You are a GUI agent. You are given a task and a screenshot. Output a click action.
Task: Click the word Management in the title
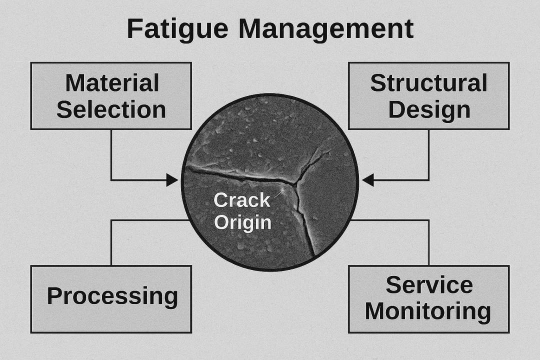(x=325, y=29)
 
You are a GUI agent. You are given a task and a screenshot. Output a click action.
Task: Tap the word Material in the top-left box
(x=112, y=83)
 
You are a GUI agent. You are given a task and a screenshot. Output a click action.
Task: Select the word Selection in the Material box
(x=111, y=109)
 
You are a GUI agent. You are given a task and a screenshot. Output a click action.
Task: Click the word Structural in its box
(x=428, y=83)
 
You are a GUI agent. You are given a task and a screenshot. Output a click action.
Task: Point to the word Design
(x=429, y=109)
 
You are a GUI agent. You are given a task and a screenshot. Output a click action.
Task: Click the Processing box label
(x=112, y=296)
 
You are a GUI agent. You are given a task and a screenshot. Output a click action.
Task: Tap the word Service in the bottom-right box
(x=429, y=285)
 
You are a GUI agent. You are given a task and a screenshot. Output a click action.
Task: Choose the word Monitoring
(x=428, y=311)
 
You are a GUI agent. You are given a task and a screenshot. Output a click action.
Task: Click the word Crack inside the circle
(x=241, y=200)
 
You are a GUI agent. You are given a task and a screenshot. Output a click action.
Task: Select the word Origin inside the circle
(x=242, y=222)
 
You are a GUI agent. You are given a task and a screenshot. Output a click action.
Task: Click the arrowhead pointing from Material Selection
(x=172, y=180)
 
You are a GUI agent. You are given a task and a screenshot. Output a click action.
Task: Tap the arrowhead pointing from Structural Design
(x=368, y=180)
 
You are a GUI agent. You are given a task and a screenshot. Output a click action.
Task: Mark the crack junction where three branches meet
(x=296, y=183)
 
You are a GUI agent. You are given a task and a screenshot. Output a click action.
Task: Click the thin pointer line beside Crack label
(x=279, y=192)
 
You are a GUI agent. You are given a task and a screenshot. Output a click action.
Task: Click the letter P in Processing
(x=53, y=296)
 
